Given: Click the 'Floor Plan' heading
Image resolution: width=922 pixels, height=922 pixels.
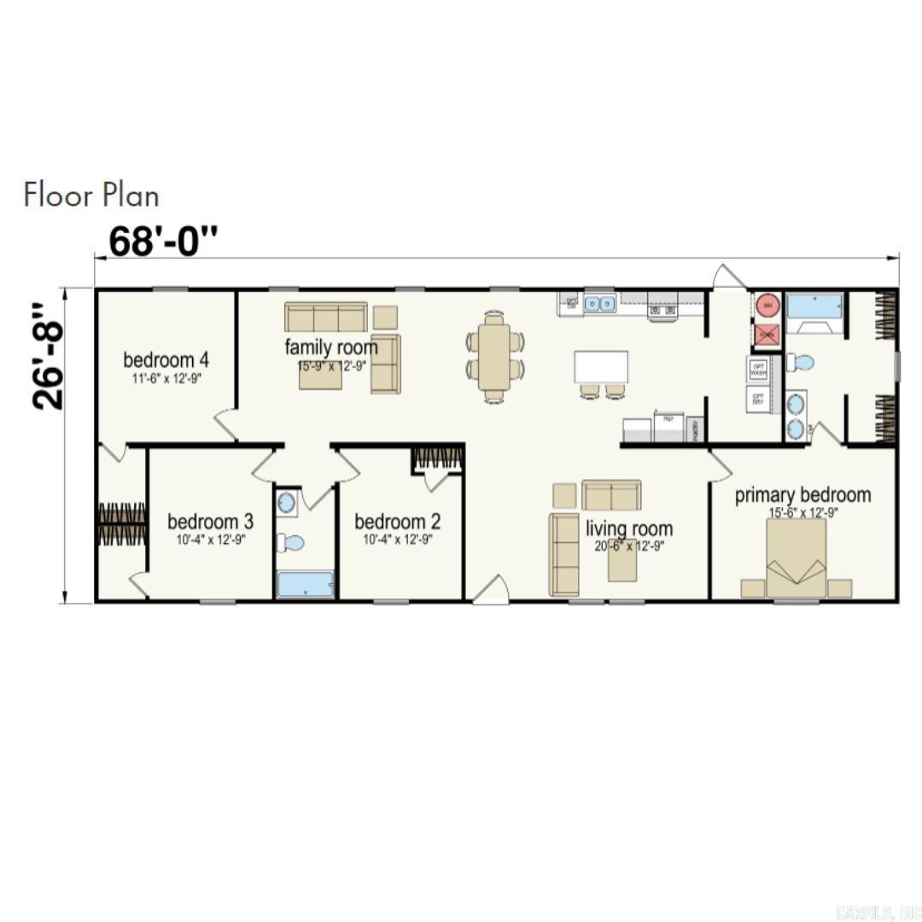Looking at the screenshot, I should pos(91,195).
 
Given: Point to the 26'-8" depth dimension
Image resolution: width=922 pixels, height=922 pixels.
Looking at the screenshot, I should pos(50,353).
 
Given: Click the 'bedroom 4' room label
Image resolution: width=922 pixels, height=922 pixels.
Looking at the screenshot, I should pos(166,359).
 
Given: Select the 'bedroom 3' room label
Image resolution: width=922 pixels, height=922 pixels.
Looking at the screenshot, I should pos(210,521).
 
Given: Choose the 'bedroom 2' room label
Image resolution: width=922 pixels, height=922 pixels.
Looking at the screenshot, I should pos(397,521).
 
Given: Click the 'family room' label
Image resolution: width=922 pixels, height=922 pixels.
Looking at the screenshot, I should pos(330,347).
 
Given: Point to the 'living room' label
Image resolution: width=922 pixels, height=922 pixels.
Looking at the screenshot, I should pos(629,528).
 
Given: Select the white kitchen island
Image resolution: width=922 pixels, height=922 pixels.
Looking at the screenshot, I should pos(601,367).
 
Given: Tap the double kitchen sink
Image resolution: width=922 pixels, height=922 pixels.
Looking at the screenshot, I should pos(600,304).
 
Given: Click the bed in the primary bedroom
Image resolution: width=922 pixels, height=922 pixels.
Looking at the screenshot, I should pos(796,559).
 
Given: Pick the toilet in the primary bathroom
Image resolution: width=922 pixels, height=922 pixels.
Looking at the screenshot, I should pos(800,363).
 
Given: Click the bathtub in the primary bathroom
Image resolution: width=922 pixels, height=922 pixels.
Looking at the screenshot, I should pos(815,306).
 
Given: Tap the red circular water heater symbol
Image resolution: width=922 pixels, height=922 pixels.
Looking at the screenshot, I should pos(767,305).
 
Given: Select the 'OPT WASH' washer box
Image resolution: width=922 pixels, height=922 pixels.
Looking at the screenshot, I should pos(758,369).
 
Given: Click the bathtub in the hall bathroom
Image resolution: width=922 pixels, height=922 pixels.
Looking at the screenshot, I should pos(305,584).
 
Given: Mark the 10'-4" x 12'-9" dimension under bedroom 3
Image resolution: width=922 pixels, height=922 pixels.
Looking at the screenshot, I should pos(210,540).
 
